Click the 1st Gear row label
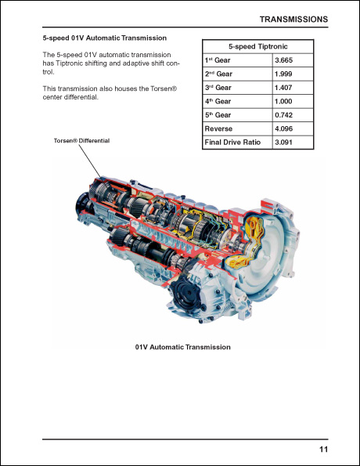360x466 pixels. [x=219, y=60]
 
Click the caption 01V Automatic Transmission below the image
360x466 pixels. [x=182, y=347]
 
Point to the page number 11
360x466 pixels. [x=323, y=449]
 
